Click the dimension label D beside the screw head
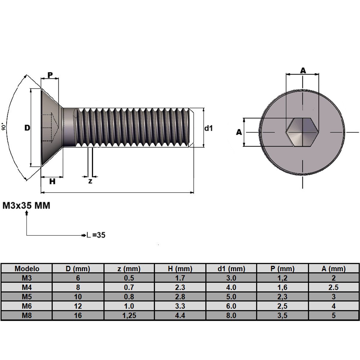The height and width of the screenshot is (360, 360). pyautogui.click(x=27, y=128)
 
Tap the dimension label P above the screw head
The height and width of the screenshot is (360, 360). pyautogui.click(x=50, y=75)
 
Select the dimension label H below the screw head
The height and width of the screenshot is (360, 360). pyautogui.click(x=52, y=181)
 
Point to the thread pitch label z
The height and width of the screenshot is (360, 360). pyautogui.click(x=90, y=181)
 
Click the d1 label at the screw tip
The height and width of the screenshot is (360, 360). pyautogui.click(x=208, y=128)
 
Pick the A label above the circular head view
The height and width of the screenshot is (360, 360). pyautogui.click(x=303, y=70)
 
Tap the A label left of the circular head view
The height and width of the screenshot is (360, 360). pyautogui.click(x=239, y=132)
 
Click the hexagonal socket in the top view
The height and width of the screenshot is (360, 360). pyautogui.click(x=302, y=132)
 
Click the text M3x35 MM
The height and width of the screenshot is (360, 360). pyautogui.click(x=26, y=206)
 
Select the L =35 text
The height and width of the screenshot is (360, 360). pyautogui.click(x=96, y=235)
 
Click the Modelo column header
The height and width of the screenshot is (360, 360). pyautogui.click(x=27, y=268)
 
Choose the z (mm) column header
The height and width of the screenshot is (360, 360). pyautogui.click(x=129, y=268)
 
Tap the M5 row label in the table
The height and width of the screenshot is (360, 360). pyautogui.click(x=27, y=297)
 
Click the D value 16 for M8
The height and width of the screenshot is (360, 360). pyautogui.click(x=78, y=315)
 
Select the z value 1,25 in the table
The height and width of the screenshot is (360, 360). pyautogui.click(x=129, y=315)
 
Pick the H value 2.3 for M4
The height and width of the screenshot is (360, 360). pyautogui.click(x=180, y=287)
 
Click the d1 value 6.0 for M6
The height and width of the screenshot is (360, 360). pyautogui.click(x=231, y=306)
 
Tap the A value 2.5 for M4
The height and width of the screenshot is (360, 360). pyautogui.click(x=333, y=287)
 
